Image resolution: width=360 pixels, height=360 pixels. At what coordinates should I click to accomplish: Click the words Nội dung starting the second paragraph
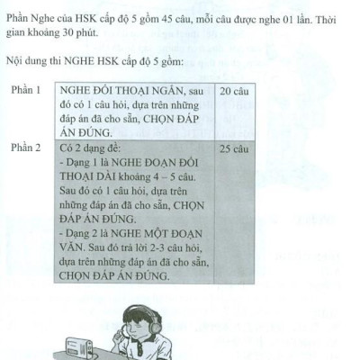28,64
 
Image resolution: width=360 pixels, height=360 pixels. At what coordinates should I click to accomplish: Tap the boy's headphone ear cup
159,329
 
